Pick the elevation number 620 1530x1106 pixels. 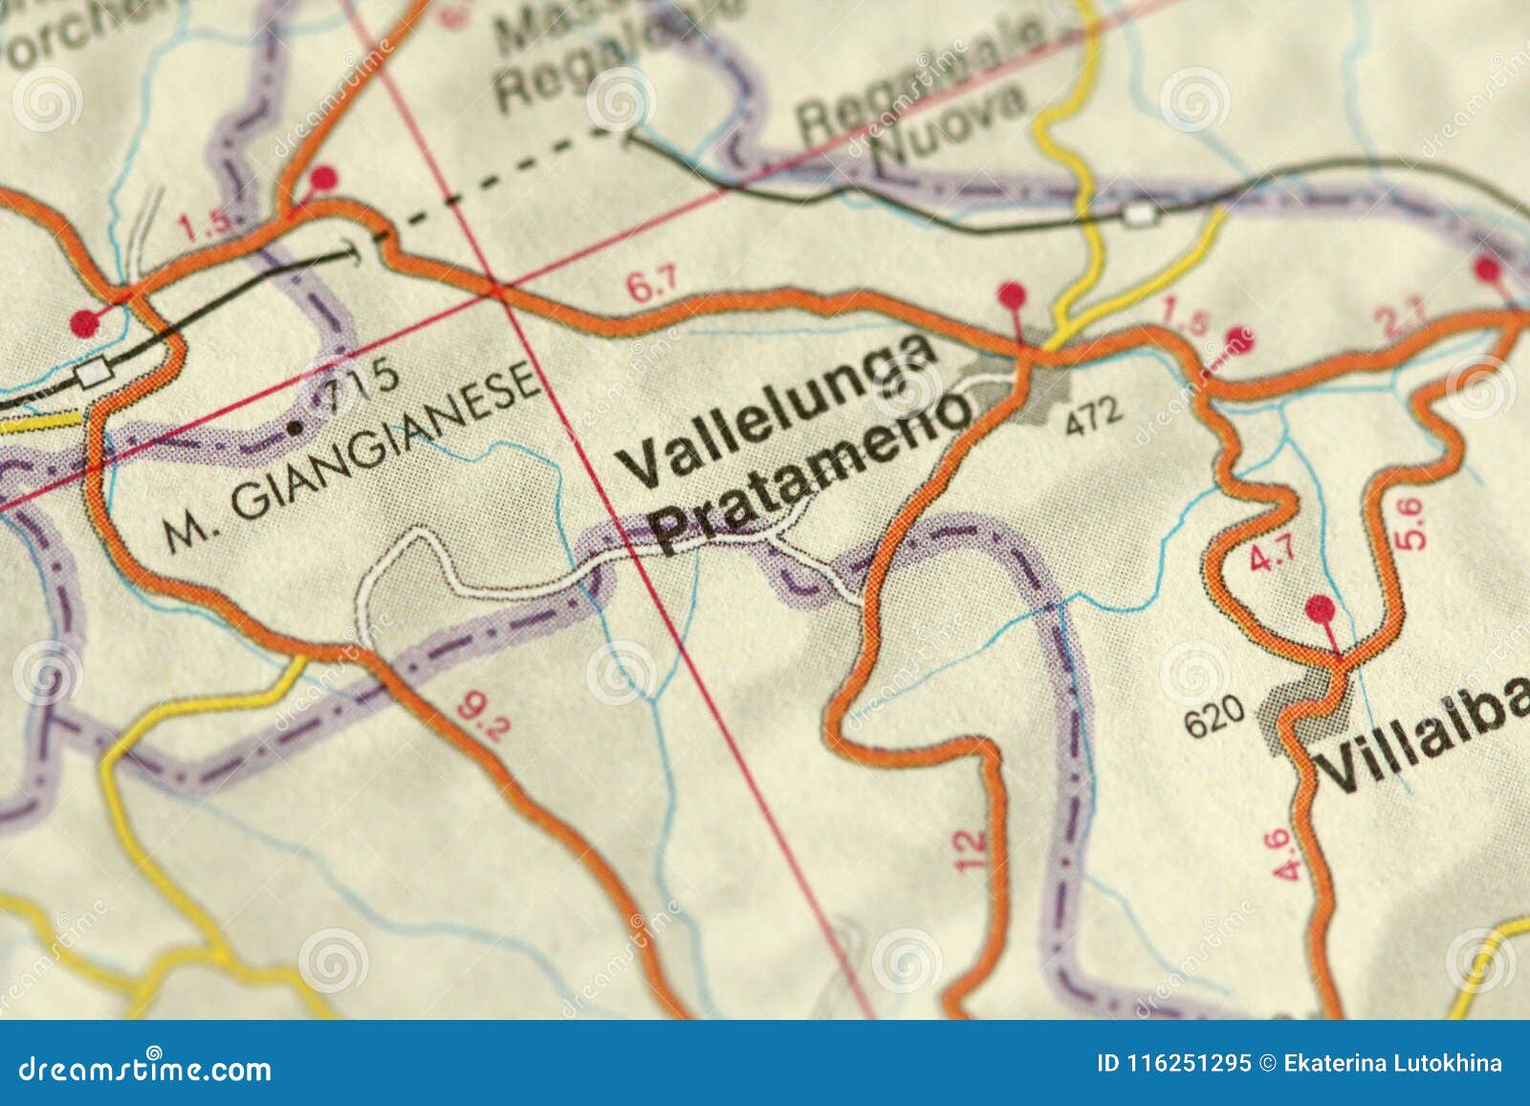(x=1214, y=714)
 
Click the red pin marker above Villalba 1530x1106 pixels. (x=1321, y=608)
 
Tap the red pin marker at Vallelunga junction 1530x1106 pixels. (x=1010, y=293)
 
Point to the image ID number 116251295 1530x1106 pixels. (x=1187, y=1063)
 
